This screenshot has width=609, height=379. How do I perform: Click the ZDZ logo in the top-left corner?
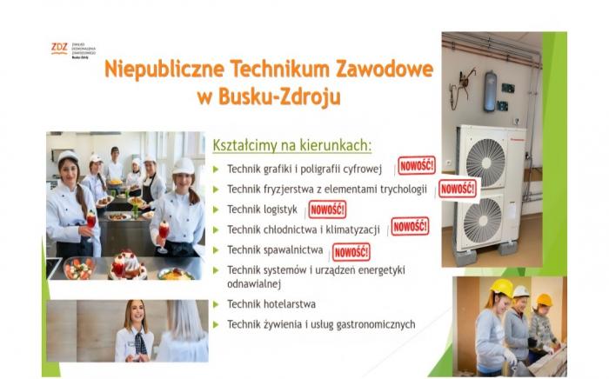tap(59, 48)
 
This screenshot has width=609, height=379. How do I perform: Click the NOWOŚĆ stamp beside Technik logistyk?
tap(327, 209)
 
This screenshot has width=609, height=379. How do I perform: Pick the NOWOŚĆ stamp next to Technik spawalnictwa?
tap(351, 251)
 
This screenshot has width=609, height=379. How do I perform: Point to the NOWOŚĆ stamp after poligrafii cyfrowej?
tap(417, 165)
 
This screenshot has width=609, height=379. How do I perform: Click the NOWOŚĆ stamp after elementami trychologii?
tap(458, 188)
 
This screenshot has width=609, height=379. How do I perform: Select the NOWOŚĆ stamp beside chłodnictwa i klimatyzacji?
tap(409, 227)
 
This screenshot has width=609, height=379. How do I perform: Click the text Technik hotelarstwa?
tap(271, 304)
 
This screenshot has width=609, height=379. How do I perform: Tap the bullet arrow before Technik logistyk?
tap(216, 209)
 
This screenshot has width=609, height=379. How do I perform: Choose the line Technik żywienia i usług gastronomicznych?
tap(321, 325)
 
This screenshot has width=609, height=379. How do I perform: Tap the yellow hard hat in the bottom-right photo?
tap(500, 288)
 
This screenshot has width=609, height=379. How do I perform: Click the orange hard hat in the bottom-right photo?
tap(544, 300)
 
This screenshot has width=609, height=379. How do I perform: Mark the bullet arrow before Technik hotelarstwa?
tap(216, 304)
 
